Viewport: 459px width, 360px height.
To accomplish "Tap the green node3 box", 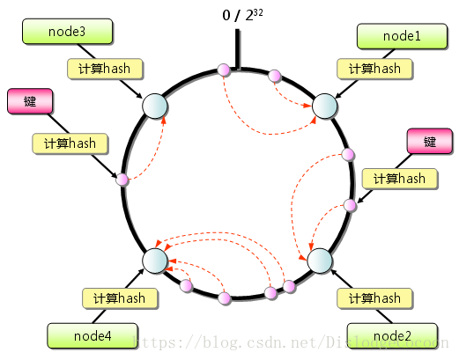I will coord(68,33).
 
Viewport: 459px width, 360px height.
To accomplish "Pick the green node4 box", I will coord(91,335).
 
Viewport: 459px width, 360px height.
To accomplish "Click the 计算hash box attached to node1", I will coord(374,69).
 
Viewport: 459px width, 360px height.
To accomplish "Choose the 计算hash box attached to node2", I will coord(374,298).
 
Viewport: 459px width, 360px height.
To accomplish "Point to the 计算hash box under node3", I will coord(106,69).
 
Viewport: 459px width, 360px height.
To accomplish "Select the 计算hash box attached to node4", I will coord(119,298).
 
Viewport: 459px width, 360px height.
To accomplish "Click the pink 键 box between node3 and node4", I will coord(30,101).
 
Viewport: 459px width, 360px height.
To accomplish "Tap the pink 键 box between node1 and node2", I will coord(430,142).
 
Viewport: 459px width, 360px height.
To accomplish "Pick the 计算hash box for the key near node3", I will coord(70,143).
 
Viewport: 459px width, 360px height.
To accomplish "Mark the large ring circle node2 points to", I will coord(319,261).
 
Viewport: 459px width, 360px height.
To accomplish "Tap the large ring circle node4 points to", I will coord(154,261).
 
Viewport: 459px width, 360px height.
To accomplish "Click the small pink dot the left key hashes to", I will coord(122,180).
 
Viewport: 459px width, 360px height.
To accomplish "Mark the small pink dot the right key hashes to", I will coord(350,206).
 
